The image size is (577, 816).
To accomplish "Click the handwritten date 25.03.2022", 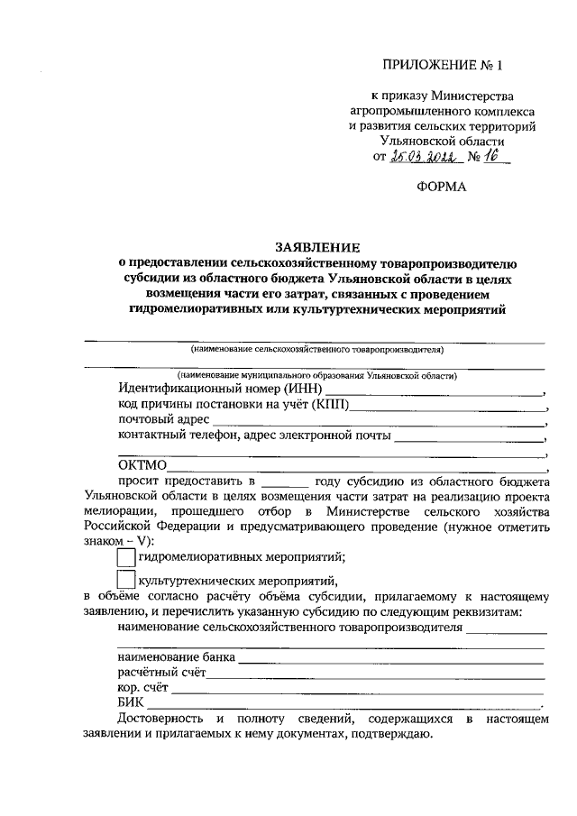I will (x=426, y=157).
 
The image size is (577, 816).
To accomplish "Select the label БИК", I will (x=131, y=702).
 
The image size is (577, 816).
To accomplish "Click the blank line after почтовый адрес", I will (x=379, y=421).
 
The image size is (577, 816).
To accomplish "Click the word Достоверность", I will (x=160, y=718).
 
